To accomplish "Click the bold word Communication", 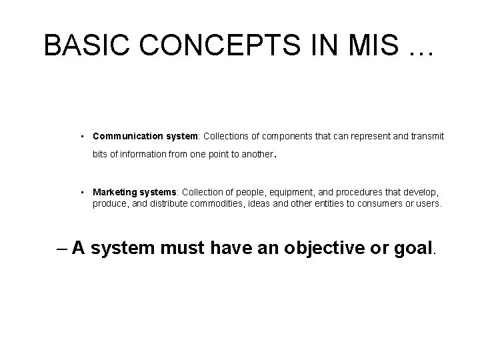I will pos(125,136).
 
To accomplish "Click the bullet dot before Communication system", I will pos(80,136).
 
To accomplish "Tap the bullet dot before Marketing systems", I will pos(80,192).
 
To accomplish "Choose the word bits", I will pos(100,155).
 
